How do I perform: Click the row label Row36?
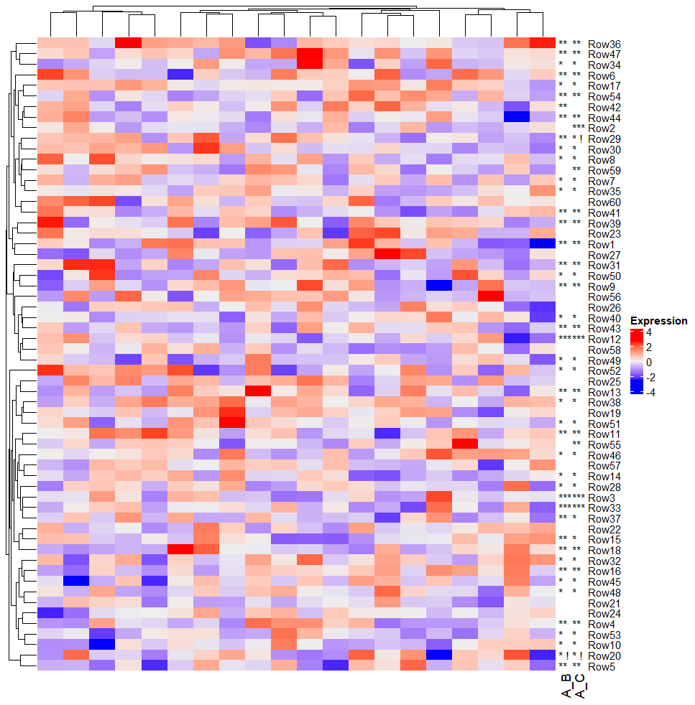point(604,45)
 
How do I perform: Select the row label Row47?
point(604,55)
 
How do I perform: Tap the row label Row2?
point(602,128)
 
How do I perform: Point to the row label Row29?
point(604,139)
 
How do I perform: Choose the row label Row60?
point(604,202)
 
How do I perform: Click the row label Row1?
point(602,245)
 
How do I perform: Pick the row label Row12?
point(604,339)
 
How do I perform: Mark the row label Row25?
point(604,381)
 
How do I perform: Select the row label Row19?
point(604,414)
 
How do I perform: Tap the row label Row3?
point(602,498)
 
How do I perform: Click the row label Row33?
point(604,508)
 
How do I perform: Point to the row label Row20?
point(604,655)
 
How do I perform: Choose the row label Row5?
point(602,666)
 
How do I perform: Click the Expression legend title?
point(658,321)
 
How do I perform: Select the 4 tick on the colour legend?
point(649,333)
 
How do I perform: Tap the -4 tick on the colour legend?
point(651,392)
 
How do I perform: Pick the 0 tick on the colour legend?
point(649,363)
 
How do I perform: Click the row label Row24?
point(604,614)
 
